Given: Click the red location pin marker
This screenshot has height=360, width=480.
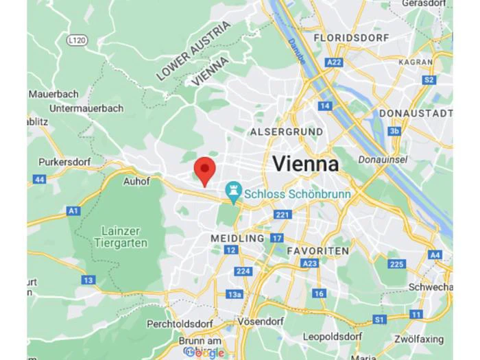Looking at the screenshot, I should tap(204, 169).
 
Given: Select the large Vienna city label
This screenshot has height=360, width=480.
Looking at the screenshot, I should tap(306, 164).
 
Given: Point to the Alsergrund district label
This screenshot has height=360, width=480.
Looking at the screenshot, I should tap(286, 131).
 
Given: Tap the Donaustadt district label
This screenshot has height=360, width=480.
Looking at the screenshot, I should tap(416, 112).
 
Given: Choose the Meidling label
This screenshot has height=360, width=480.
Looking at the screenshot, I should tap(237, 238).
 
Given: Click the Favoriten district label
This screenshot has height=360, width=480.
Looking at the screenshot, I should tap(317, 251).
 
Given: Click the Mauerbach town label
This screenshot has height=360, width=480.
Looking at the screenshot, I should tap(53, 93).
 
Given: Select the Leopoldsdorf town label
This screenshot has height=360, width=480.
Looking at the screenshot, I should tap(333, 337).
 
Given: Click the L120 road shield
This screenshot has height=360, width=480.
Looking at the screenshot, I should tap(77, 41).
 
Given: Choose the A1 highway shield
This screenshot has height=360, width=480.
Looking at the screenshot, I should tap(73, 211).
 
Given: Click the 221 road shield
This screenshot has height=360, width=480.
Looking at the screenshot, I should tap(282, 215).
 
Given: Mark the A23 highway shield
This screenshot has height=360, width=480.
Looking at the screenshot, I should tap(310, 263).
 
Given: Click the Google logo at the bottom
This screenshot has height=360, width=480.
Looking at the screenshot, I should tap(204, 352).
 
